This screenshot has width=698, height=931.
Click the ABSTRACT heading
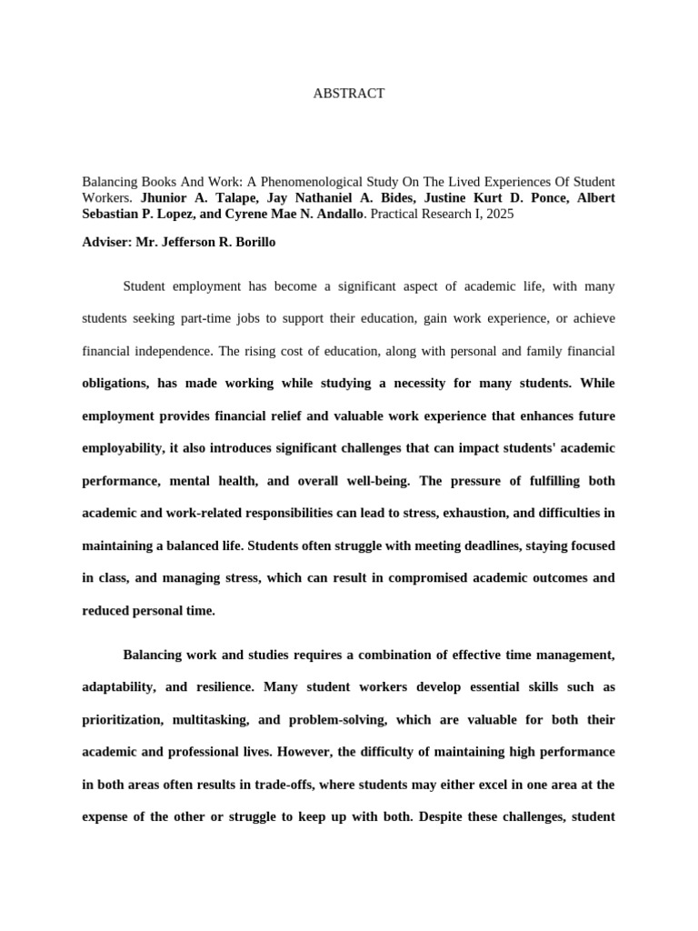coord(349,94)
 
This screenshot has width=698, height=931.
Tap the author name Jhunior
coord(165,197)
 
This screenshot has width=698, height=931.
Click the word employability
coord(123,448)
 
